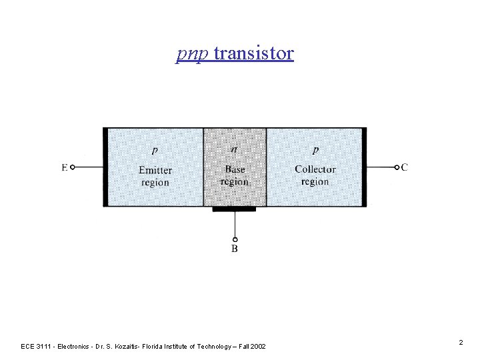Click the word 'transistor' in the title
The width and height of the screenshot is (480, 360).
pyautogui.click(x=254, y=53)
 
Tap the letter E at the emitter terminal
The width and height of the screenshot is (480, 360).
pyautogui.click(x=65, y=167)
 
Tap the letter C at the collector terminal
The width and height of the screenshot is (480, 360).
pyautogui.click(x=405, y=167)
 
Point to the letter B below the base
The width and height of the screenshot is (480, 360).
pyautogui.click(x=235, y=249)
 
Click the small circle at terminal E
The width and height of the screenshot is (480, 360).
pyautogui.click(x=73, y=167)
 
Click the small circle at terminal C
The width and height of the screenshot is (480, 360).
pyautogui.click(x=396, y=167)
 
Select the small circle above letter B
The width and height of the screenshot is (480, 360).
pyautogui.click(x=235, y=239)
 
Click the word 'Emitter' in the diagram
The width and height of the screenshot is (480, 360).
pyautogui.click(x=155, y=170)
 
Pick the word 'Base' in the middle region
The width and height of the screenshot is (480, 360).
pyautogui.click(x=235, y=169)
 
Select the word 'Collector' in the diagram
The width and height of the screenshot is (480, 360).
pyautogui.click(x=315, y=169)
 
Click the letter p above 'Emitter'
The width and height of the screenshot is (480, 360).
pyautogui.click(x=155, y=150)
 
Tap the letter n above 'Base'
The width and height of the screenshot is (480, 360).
pyautogui.click(x=234, y=149)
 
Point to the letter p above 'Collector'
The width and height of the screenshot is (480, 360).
pyautogui.click(x=315, y=150)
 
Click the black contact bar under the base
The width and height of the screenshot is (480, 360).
pyautogui.click(x=234, y=209)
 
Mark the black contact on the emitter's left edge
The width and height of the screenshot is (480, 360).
pyautogui.click(x=105, y=167)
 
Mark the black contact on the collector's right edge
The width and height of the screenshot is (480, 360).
pyautogui.click(x=363, y=167)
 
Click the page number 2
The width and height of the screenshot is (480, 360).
pyautogui.click(x=461, y=342)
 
